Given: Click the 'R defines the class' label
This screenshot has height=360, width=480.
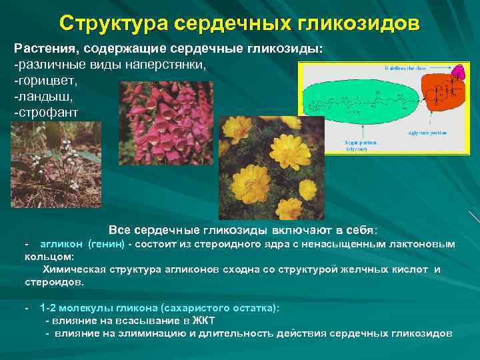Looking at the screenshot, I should click(407, 69).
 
